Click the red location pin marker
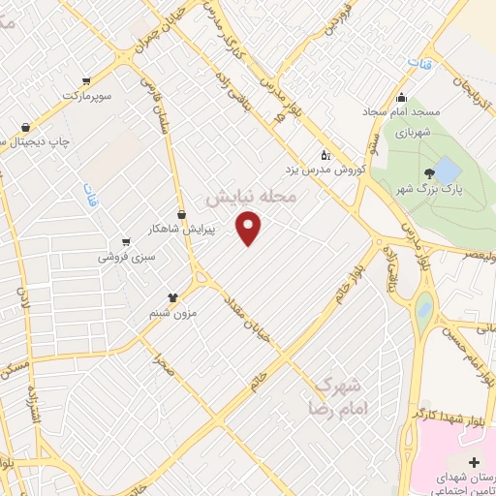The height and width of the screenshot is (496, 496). [x=250, y=229]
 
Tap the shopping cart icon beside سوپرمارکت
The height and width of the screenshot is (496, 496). [x=87, y=80]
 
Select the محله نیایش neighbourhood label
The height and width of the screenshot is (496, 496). [x=256, y=197]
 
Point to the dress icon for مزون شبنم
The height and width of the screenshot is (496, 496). [x=172, y=298]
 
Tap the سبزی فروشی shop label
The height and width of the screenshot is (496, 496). [x=125, y=258]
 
